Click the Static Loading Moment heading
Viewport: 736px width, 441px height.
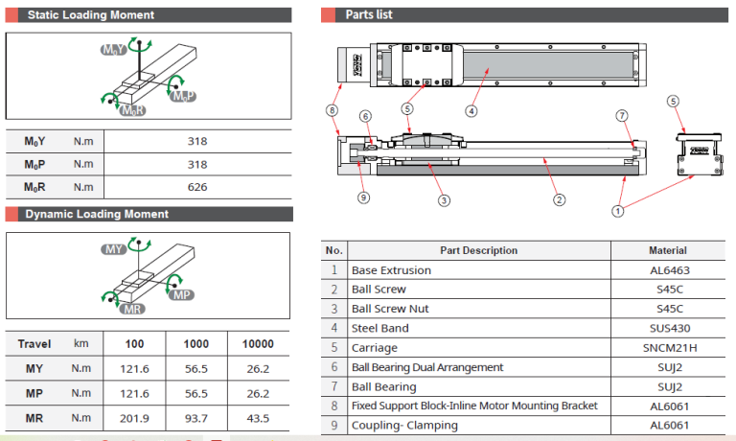(90, 15)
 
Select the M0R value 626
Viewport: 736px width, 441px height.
(196, 187)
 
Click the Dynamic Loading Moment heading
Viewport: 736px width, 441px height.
(97, 214)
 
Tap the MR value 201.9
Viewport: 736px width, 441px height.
(136, 418)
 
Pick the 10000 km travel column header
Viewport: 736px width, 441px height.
(257, 343)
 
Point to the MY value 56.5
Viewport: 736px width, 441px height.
(197, 369)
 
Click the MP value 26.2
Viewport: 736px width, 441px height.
(257, 394)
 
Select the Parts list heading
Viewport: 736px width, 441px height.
(369, 15)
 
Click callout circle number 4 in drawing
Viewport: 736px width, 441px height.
(471, 110)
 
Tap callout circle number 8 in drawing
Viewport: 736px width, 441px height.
(333, 110)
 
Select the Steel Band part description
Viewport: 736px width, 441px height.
(379, 329)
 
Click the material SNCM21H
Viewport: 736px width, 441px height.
(669, 348)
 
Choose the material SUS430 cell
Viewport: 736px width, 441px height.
(669, 329)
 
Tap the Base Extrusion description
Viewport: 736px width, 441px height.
(391, 270)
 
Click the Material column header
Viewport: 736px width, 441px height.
(668, 250)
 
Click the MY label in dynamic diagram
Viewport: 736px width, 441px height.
(114, 249)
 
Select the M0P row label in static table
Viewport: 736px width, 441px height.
(34, 164)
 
